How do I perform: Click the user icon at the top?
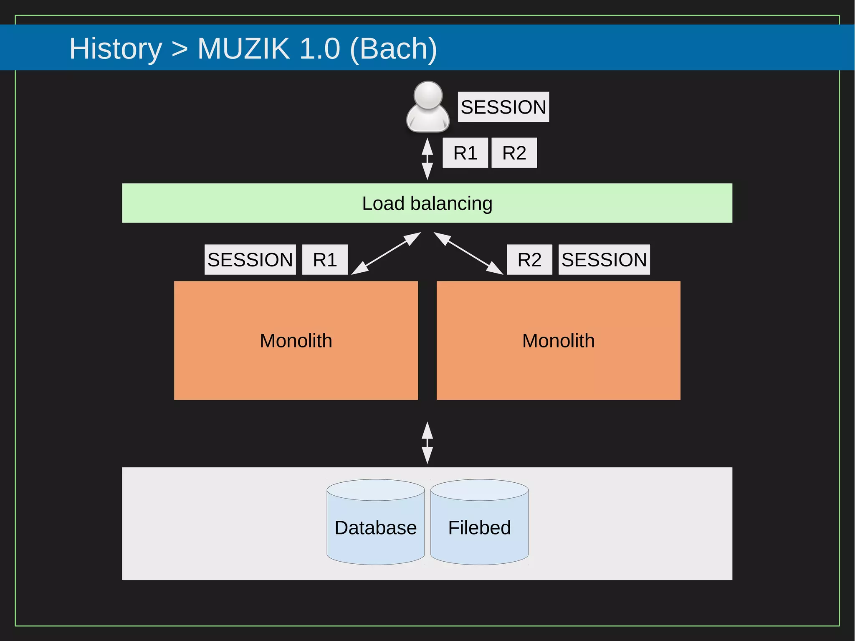click(x=427, y=107)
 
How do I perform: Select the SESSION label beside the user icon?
click(x=503, y=107)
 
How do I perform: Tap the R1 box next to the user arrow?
click(x=465, y=153)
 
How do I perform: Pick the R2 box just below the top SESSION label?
click(x=514, y=153)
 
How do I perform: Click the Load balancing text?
click(x=427, y=203)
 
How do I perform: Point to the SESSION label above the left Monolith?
click(x=250, y=260)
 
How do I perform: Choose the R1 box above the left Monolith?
click(x=325, y=260)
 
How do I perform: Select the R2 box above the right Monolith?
click(x=529, y=260)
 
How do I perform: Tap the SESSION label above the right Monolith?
click(x=604, y=260)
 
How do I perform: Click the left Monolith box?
click(x=296, y=340)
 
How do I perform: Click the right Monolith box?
click(x=559, y=340)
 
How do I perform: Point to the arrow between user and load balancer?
click(x=427, y=159)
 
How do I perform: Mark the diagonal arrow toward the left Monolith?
click(x=386, y=253)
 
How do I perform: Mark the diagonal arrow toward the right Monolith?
click(x=468, y=253)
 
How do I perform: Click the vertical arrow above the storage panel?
click(x=427, y=443)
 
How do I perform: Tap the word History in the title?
click(x=116, y=48)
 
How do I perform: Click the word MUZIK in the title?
click(x=243, y=48)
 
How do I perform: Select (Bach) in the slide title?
click(x=393, y=48)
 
